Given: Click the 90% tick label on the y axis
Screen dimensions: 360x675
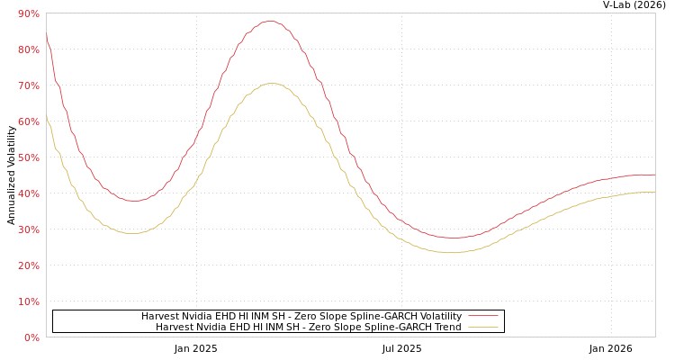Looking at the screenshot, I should [x=28, y=13].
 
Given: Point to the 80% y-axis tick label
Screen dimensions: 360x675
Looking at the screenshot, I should [x=28, y=49].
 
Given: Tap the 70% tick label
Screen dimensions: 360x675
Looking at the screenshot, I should [x=28, y=85].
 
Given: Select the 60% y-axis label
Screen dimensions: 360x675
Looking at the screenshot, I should [x=28, y=121].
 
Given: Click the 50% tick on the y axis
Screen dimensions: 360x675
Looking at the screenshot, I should [x=28, y=157].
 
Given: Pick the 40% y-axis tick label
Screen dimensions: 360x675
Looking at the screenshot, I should [x=28, y=193].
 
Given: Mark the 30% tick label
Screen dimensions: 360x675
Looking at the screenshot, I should [x=28, y=229].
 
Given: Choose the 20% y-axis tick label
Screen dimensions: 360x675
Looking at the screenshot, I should [x=28, y=265].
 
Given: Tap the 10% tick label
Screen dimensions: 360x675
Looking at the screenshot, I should [x=28, y=301].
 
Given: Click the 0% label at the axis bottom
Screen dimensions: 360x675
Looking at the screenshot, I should [x=31, y=337].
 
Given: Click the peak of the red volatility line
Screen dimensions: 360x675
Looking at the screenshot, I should [x=270, y=21].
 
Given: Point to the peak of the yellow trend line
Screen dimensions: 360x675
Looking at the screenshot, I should [x=271, y=83].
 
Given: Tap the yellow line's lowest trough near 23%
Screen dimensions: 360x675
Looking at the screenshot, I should [x=452, y=253].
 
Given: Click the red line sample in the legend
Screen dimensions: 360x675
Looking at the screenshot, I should [x=482, y=316].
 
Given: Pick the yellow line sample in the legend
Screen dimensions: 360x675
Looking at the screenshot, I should [x=482, y=327].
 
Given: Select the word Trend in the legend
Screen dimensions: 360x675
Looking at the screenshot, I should [x=446, y=327].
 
